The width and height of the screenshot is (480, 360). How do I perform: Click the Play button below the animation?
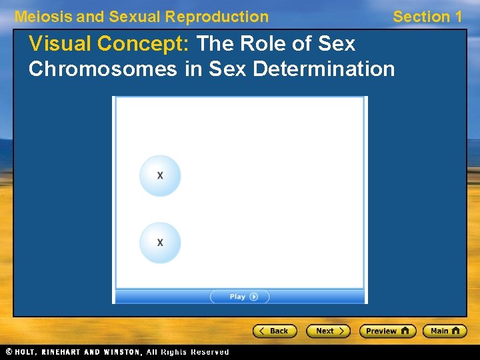coord(239,297)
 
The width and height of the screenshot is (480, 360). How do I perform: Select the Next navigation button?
coord(328,331)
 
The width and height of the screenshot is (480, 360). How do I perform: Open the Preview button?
coord(387,331)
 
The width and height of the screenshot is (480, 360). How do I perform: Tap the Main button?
coord(445,331)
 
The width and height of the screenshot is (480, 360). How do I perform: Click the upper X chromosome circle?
coord(160,175)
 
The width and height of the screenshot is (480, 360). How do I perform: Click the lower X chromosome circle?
coord(160,243)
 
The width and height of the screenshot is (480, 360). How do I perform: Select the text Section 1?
coord(427,17)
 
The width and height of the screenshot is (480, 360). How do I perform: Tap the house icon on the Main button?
coord(457,331)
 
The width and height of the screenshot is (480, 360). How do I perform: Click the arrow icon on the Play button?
coord(254,297)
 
